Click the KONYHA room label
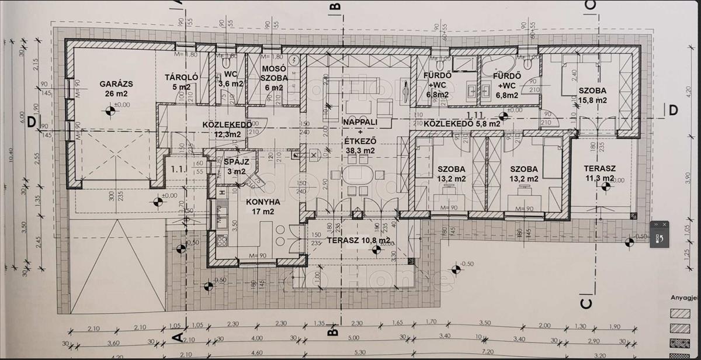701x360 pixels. [263, 202]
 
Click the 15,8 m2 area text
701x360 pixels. [592, 100]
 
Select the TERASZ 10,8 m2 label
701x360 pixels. [358, 240]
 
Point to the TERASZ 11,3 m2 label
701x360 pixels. [599, 174]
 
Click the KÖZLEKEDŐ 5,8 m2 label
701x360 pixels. [461, 124]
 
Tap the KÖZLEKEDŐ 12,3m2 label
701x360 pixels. [227, 129]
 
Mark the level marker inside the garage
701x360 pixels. [109, 110]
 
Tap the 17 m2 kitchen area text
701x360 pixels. [263, 212]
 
